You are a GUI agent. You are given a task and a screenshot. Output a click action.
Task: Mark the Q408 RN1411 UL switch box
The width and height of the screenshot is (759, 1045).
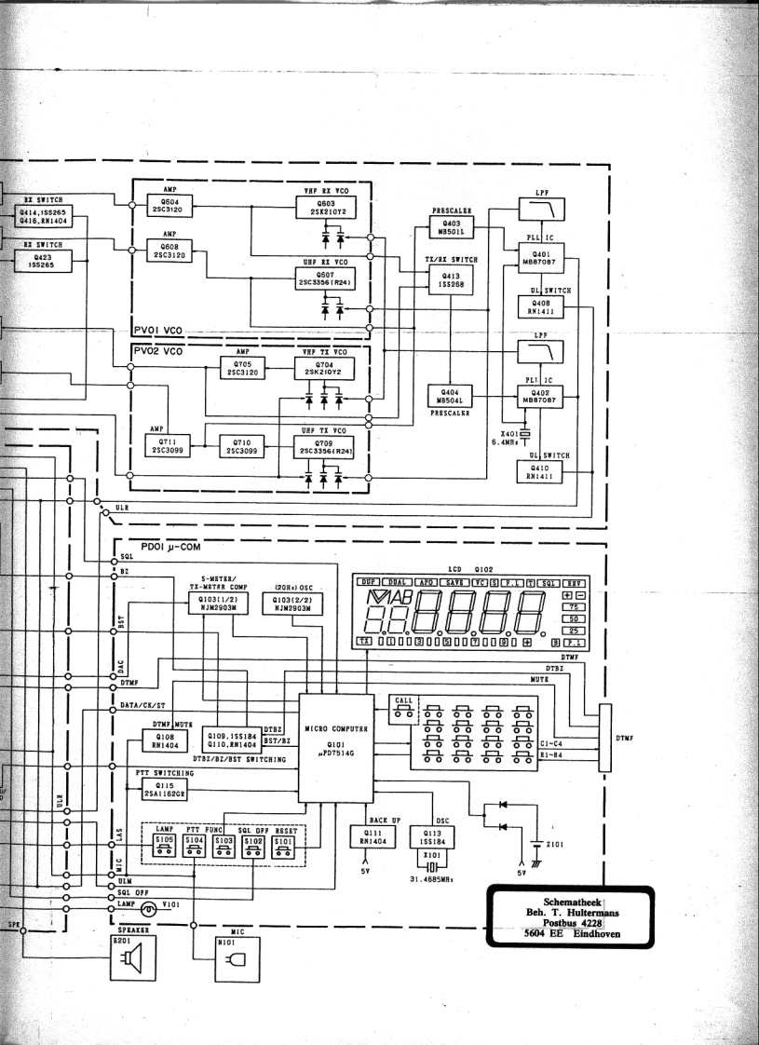click(x=539, y=306)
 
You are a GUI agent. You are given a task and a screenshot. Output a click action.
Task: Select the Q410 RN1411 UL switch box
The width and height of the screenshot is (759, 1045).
click(x=539, y=470)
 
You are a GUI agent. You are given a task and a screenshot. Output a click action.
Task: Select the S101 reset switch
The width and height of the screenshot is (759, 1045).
click(x=284, y=844)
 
